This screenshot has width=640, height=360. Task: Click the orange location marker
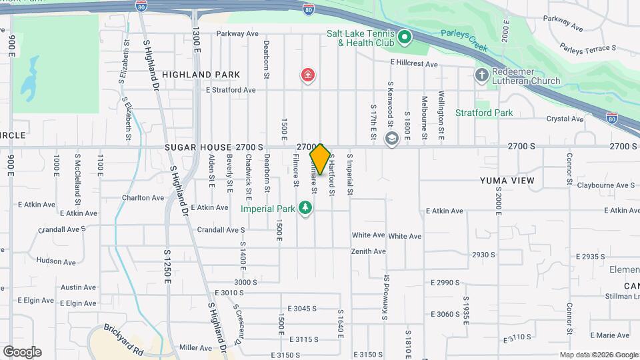[320, 159]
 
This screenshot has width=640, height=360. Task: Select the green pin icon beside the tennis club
[405, 38]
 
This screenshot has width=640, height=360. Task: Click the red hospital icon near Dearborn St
[307, 75]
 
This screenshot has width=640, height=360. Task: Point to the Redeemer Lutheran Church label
[527, 76]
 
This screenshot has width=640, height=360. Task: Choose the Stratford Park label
[484, 113]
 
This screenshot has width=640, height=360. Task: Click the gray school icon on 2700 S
[391, 138]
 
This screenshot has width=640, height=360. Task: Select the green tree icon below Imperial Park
[306, 209]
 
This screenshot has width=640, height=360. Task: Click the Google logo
[22, 351]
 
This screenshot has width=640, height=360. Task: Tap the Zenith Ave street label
[369, 251]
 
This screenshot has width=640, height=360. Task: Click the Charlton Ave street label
[143, 197]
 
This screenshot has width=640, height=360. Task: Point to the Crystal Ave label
[565, 119]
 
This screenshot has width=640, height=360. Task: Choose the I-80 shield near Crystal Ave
[612, 117]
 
